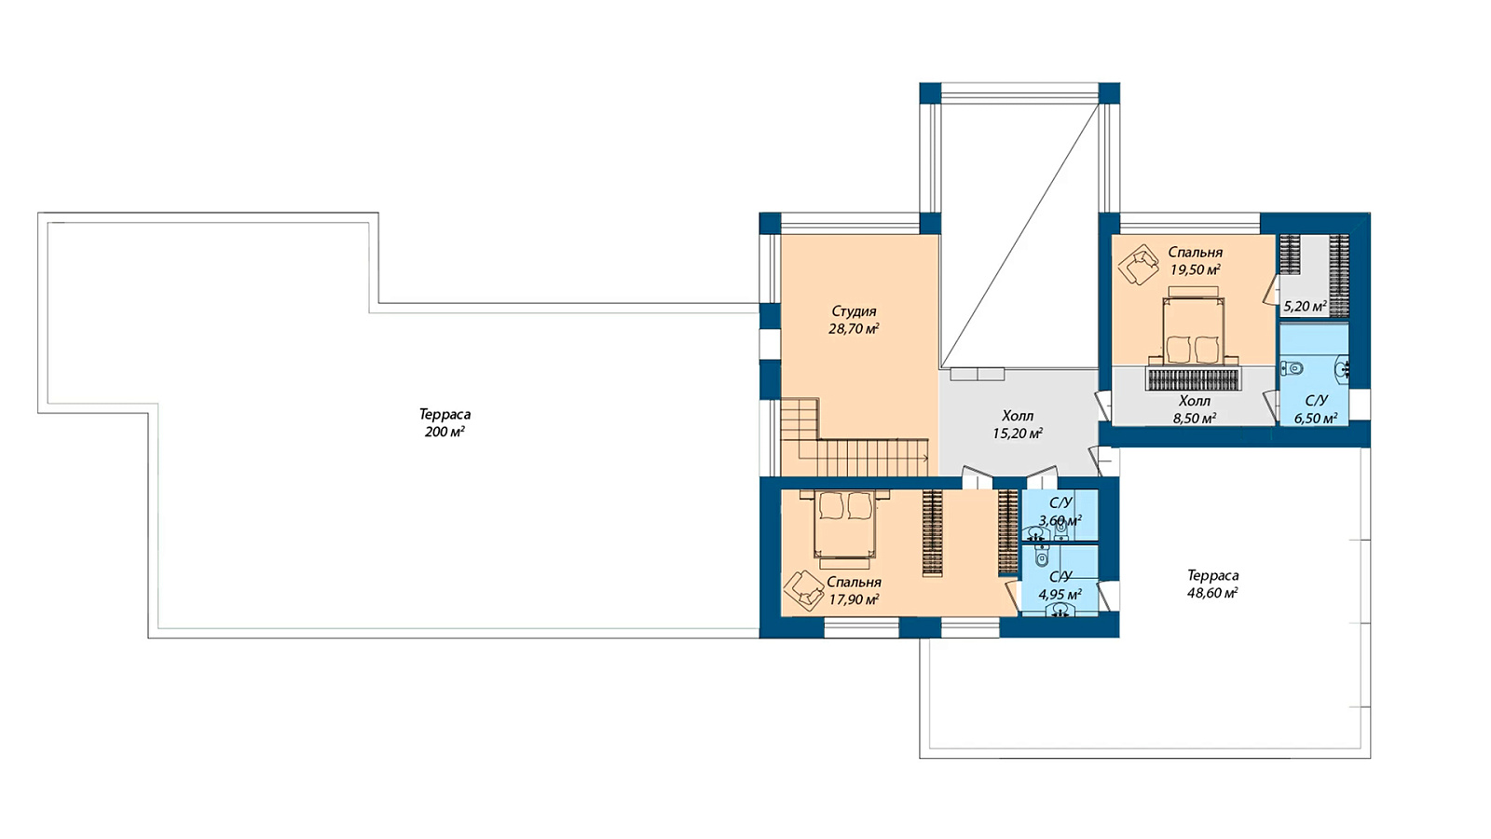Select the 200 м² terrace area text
pos(445,433)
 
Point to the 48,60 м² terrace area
pos(1212,593)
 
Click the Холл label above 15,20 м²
pos(1018,416)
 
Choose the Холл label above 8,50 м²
pos(1194,401)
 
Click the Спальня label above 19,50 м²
pos(1196,253)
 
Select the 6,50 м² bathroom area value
pos(1316,419)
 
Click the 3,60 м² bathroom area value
pos(1060,520)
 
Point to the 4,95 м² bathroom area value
pos(1060,594)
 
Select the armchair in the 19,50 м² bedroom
pos(1138,265)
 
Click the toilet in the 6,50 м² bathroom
pos(1293,367)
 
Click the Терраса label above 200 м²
pos(445,414)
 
